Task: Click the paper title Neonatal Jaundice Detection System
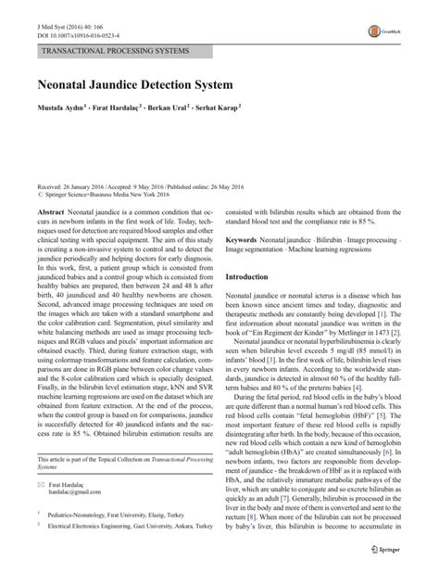[x=167, y=84]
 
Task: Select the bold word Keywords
[x=245, y=239]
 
